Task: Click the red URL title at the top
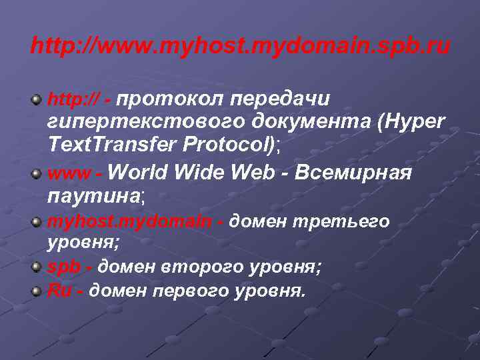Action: [x=240, y=47]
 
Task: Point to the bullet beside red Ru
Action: [x=37, y=291]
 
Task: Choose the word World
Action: [x=138, y=173]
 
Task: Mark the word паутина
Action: [x=92, y=197]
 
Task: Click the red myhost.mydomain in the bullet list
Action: [x=131, y=221]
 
